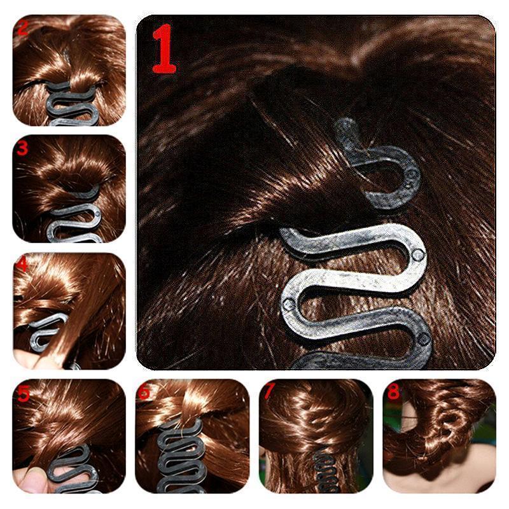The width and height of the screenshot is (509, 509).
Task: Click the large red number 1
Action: click(x=164, y=50)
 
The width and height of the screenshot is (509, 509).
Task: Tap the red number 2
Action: click(x=23, y=28)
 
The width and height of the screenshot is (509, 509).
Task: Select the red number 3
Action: click(x=23, y=149)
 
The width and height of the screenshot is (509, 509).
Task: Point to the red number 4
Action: click(x=23, y=264)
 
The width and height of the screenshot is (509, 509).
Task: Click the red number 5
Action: click(x=23, y=392)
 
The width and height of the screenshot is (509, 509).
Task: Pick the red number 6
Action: click(x=144, y=393)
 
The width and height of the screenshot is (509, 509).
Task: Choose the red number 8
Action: click(x=393, y=392)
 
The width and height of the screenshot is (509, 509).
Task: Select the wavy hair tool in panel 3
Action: click(x=76, y=220)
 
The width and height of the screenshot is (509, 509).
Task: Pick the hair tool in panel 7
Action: click(x=321, y=474)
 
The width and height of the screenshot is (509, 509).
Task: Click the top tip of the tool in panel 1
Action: click(x=344, y=124)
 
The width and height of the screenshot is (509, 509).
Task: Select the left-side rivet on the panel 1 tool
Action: click(x=288, y=304)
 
